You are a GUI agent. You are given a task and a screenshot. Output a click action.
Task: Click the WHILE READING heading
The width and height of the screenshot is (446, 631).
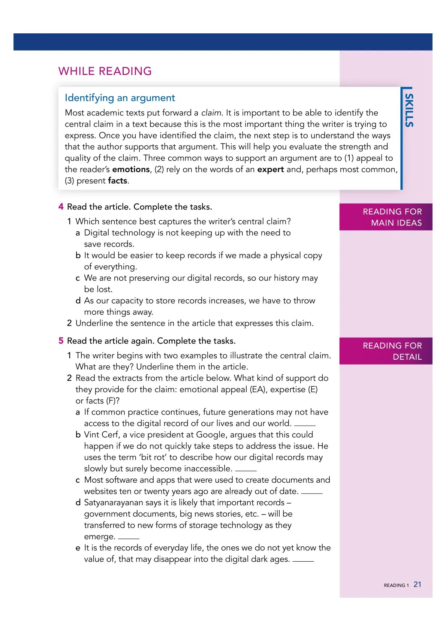pos(105,71)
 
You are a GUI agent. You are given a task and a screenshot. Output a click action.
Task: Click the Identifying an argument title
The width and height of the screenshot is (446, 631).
pos(120,98)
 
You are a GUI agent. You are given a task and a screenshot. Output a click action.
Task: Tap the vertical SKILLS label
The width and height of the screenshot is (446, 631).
pos(409,110)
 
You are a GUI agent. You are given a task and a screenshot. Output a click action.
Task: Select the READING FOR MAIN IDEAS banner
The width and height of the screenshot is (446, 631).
pos(386,217)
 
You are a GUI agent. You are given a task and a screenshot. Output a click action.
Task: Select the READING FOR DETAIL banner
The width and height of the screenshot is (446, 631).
pos(386,351)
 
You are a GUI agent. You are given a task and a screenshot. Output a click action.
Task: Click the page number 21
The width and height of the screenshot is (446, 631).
pos(418,585)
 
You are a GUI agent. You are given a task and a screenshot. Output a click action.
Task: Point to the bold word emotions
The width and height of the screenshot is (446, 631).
pos(131,169)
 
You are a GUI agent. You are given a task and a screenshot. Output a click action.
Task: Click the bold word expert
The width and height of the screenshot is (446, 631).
pos(270,169)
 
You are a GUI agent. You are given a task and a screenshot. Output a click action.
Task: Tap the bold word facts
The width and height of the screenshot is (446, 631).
pos(117,181)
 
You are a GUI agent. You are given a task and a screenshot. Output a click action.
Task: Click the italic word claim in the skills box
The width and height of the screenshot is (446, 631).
pos(211,113)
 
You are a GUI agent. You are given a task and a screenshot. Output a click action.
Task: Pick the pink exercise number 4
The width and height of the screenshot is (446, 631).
pos(61,207)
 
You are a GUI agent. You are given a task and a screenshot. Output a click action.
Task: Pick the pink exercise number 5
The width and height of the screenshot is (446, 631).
pos(61,341)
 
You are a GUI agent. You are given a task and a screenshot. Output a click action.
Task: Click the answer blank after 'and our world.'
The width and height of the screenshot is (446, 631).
pos(305,425)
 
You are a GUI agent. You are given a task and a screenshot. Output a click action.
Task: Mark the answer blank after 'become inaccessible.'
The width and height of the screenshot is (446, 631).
pos(246,470)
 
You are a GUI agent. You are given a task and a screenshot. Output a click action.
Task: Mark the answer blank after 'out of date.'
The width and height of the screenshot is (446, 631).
pos(311,493)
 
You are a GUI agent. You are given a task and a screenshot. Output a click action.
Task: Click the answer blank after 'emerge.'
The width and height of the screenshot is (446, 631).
pos(129,538)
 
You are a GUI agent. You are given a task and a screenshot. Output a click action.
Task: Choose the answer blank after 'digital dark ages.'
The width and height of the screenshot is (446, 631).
pos(303,561)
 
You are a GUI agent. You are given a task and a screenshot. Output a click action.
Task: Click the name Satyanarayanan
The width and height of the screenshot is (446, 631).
pos(114,502)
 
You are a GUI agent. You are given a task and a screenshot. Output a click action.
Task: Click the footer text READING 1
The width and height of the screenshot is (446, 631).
pos(396,585)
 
